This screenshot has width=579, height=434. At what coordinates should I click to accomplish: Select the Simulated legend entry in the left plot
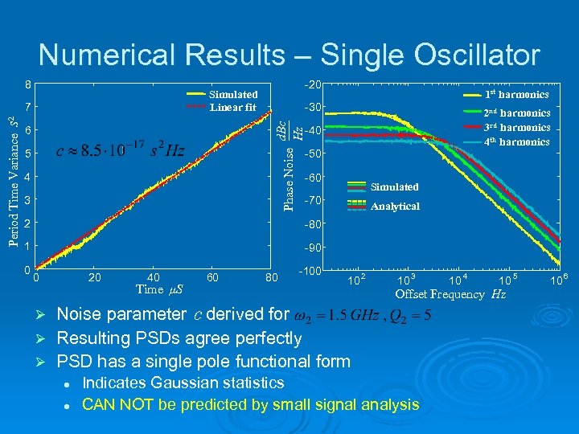tap(233, 95)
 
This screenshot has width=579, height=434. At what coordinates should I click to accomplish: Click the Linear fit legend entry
tap(233, 108)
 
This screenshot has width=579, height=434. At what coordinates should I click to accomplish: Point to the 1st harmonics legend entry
tap(515, 95)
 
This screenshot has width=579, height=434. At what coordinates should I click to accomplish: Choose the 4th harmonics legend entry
tap(515, 142)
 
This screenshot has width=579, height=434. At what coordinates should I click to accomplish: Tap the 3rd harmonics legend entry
tap(515, 128)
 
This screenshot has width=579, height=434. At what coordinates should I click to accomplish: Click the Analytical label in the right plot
tap(395, 207)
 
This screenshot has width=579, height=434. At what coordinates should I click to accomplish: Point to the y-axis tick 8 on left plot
tap(28, 84)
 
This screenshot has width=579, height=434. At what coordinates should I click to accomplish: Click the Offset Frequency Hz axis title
tap(450, 294)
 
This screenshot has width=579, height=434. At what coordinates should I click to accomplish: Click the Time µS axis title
tap(159, 289)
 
